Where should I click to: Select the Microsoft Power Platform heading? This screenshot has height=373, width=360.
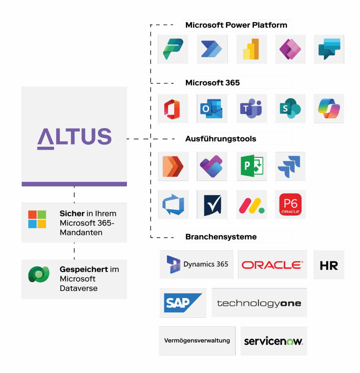236,25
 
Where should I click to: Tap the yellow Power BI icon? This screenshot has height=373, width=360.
251,49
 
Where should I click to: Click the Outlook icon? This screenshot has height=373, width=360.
212,109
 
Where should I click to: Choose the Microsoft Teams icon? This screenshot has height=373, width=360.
251,109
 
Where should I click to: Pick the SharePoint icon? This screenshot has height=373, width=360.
290,109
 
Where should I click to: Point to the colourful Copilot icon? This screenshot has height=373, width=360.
329,109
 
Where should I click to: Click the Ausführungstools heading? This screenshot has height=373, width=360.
221,139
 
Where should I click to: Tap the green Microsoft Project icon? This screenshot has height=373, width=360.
252,166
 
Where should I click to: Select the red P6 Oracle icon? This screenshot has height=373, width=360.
290,204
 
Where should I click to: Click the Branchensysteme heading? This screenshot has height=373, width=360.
221,237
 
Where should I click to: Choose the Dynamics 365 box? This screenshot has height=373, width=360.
196,264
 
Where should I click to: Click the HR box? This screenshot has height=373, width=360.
329,264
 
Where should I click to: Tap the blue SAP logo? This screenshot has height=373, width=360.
183,303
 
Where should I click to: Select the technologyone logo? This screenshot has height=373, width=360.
259,303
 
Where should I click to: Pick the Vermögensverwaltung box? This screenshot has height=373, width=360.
197,341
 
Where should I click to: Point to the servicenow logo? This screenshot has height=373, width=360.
274,341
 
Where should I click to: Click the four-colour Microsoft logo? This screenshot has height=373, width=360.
37,219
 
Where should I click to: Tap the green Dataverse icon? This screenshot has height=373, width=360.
39,274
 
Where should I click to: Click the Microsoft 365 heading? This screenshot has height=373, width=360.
212,83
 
